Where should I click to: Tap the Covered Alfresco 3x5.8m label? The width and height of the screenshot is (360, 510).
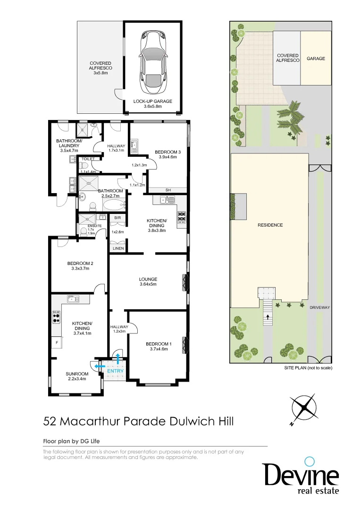click(x=100, y=68)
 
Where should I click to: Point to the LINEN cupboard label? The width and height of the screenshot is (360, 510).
click(x=118, y=248)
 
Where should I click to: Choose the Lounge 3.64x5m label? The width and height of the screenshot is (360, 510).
click(x=148, y=281)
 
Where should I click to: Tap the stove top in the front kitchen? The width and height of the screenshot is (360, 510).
click(x=56, y=317)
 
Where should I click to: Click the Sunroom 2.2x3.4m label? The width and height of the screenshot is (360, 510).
click(x=76, y=376)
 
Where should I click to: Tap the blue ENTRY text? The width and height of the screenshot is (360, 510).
click(x=115, y=371)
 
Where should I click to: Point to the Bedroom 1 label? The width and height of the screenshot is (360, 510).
click(x=157, y=347)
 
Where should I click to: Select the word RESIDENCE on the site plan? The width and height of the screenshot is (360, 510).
click(x=270, y=225)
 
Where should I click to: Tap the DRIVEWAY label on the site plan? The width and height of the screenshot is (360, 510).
click(x=319, y=307)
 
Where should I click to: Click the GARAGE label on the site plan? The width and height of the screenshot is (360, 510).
click(x=316, y=59)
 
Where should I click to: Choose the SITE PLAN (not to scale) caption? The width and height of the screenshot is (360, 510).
click(x=308, y=367)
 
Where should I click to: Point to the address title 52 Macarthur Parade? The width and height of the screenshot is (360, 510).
click(x=138, y=421)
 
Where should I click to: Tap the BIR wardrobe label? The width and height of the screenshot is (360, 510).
click(x=118, y=218)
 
